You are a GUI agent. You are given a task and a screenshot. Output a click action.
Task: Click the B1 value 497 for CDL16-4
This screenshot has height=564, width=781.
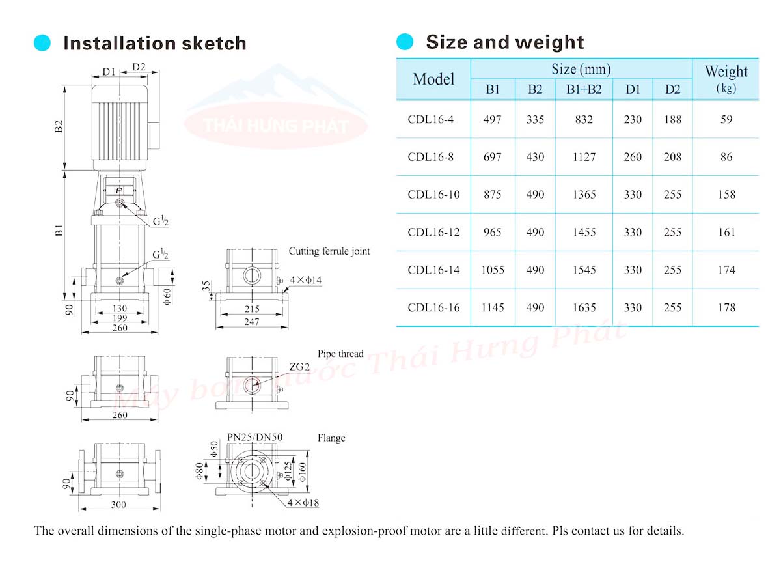(492, 120)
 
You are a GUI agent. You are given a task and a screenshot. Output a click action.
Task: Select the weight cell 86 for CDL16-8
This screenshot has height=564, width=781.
(726, 157)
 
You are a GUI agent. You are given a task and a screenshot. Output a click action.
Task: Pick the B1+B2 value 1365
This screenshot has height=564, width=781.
(584, 195)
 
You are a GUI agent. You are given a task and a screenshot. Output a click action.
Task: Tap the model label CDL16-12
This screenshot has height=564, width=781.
(433, 233)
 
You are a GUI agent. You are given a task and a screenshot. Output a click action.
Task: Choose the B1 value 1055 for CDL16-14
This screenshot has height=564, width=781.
(492, 270)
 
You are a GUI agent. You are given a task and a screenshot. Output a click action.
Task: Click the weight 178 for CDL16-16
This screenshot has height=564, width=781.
(726, 307)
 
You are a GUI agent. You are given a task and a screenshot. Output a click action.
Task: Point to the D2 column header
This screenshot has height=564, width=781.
(672, 90)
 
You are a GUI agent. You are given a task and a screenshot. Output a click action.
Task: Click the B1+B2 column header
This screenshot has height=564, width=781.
(584, 90)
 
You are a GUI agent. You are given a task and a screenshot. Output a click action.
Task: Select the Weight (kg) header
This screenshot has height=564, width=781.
(726, 79)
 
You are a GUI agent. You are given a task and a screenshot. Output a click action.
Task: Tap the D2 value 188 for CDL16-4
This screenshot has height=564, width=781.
(672, 120)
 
